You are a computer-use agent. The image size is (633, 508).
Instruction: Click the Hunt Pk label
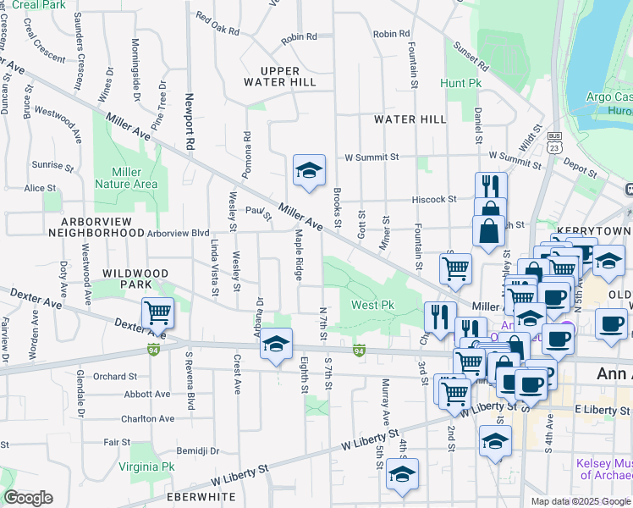[460, 84]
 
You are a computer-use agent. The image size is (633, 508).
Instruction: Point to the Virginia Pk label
[146, 467]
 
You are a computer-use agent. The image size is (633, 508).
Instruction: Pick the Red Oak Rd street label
[217, 23]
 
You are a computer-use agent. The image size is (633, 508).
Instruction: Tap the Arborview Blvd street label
[178, 233]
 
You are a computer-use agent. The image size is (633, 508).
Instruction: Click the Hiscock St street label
[435, 200]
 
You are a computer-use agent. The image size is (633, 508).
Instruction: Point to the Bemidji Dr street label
[197, 451]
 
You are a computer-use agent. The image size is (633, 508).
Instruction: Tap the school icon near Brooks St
[309, 169]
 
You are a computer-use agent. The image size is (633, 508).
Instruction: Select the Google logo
[28, 498]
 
